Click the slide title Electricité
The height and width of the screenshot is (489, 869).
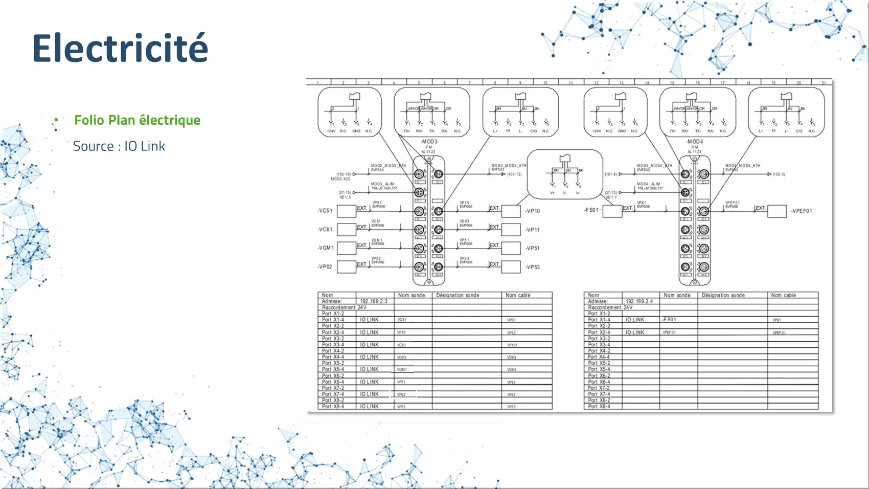121,48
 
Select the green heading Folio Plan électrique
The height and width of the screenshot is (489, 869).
137,120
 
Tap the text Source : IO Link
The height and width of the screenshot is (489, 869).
119,146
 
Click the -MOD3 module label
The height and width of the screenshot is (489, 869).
429,142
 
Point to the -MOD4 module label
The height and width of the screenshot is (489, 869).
694,142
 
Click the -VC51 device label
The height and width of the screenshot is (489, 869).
325,211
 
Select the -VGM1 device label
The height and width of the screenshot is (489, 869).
326,248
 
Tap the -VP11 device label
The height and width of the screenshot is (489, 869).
533,230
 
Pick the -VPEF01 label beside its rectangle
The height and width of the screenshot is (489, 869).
801,211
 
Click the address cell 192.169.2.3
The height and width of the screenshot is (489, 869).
374,301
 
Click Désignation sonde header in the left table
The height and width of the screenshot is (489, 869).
458,295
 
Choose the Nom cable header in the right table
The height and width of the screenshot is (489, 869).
783,295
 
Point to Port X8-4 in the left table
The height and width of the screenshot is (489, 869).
333,407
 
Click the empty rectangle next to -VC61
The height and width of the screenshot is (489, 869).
347,229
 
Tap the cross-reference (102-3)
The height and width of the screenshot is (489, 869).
779,174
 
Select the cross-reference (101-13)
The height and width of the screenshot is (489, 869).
514,174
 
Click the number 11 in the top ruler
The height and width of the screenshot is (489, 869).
570,82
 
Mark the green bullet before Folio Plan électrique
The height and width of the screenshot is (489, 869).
56,120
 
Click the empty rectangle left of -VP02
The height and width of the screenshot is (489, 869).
347,266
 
